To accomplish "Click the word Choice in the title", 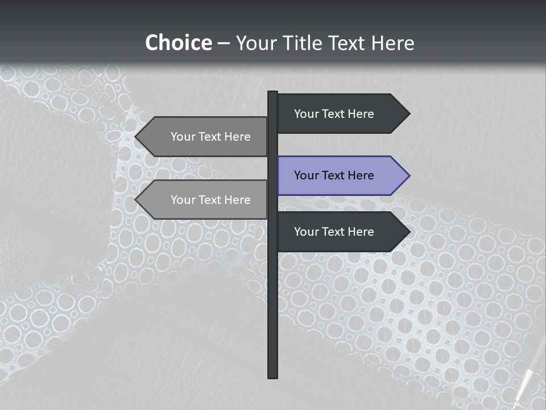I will click(x=178, y=43).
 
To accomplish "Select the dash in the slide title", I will click(x=224, y=43).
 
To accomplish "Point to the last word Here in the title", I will click(x=392, y=43).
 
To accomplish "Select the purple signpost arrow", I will click(x=341, y=175).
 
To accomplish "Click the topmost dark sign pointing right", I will click(x=341, y=113).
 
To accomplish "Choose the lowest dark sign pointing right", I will click(x=341, y=231).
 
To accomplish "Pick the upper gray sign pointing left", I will click(x=205, y=137).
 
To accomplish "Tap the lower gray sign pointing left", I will click(x=205, y=200).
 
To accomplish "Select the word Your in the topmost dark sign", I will click(x=307, y=114).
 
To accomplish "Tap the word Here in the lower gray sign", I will click(x=237, y=200).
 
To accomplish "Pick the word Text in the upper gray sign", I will click(x=210, y=137).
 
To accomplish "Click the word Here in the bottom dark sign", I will click(x=361, y=232).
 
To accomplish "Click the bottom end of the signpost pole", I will click(x=273, y=375).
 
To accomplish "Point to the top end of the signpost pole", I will click(x=273, y=93).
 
